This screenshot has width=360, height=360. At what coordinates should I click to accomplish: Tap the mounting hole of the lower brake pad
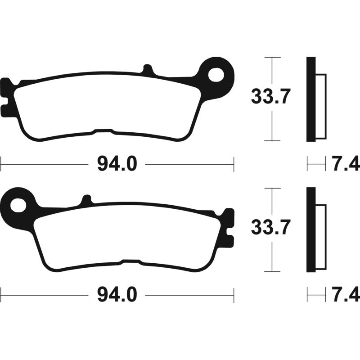click(x=18, y=205)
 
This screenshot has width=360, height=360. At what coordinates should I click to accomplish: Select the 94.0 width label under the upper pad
click(x=117, y=165)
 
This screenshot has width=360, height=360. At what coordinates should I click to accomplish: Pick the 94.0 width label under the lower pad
click(x=117, y=295)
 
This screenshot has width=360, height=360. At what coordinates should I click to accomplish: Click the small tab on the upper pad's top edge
click(x=147, y=70)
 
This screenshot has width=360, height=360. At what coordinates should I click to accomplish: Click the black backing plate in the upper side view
click(x=311, y=99)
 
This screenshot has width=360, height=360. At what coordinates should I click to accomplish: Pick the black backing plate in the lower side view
click(x=311, y=229)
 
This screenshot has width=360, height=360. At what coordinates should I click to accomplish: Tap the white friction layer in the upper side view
click(x=320, y=106)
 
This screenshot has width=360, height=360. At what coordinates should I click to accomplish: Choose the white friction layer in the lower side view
click(x=320, y=237)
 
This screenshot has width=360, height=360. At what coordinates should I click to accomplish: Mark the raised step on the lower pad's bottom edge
click(x=130, y=261)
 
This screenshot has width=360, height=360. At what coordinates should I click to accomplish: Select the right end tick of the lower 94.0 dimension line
click(x=234, y=295)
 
